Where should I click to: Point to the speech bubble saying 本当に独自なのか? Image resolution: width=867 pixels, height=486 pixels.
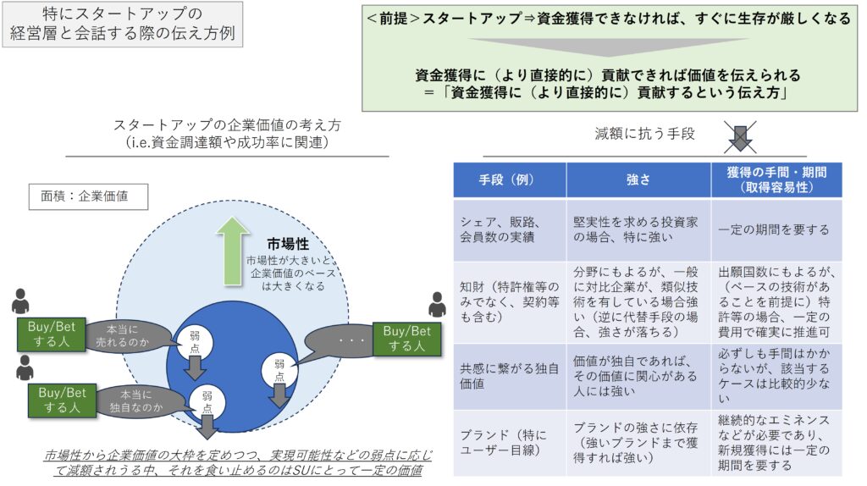tap(135, 399)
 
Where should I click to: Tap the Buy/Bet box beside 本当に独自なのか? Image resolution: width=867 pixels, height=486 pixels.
tap(62, 399)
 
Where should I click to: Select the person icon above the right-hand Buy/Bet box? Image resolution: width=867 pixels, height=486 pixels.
tap(436, 305)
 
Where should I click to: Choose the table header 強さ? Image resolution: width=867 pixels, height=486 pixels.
tap(638, 179)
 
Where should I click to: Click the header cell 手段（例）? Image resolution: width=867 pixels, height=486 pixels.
tap(509, 179)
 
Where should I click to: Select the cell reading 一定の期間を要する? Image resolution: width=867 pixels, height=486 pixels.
tap(773, 229)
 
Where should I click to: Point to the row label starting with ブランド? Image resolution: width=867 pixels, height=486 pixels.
tap(509, 443)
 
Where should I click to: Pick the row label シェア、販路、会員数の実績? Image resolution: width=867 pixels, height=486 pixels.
tap(509, 229)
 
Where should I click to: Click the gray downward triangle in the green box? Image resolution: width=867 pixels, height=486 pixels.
tap(607, 46)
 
